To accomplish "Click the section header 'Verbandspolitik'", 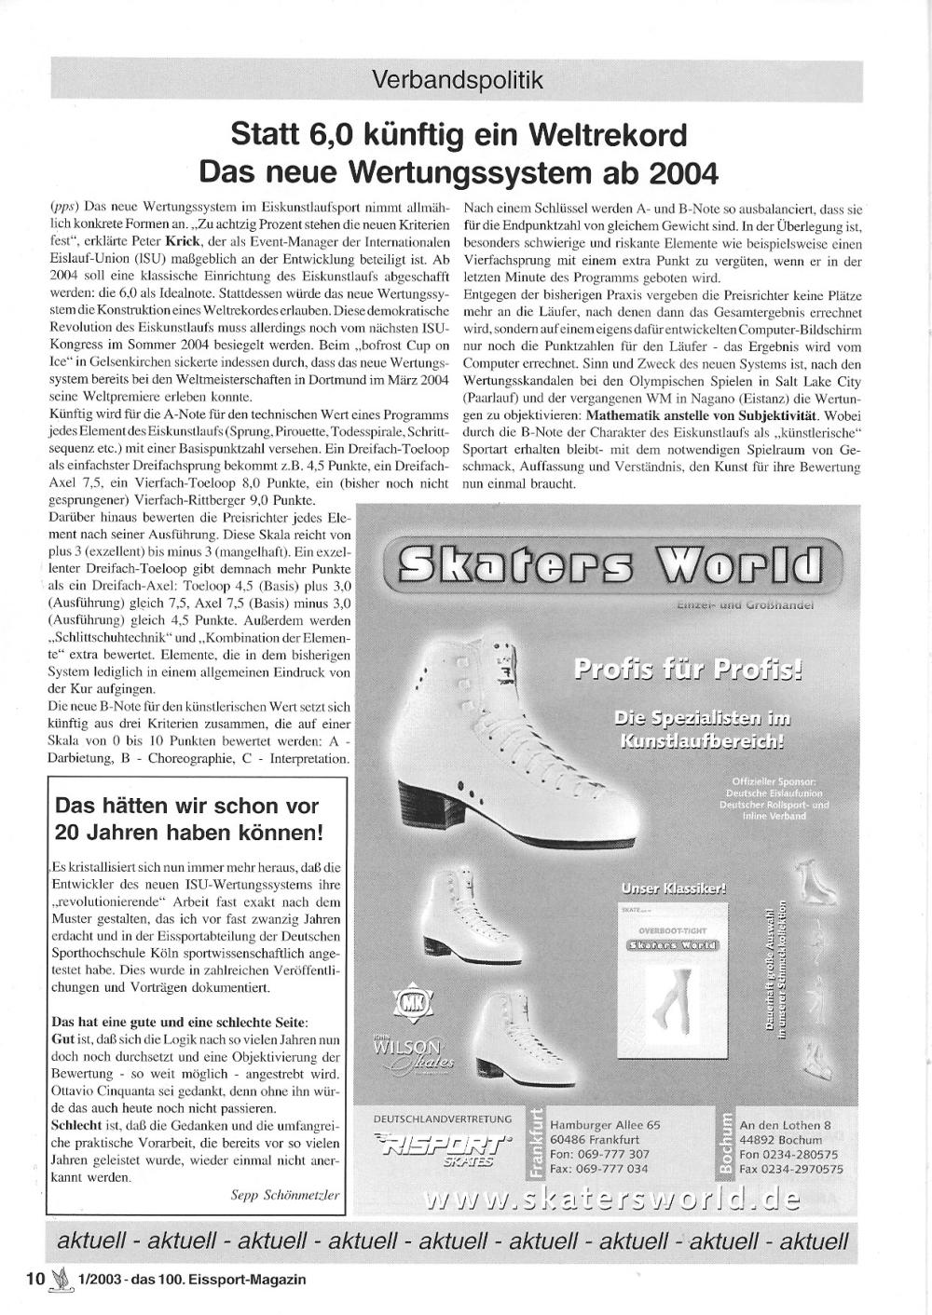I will click(457, 81).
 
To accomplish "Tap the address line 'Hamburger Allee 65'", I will click(605, 1124).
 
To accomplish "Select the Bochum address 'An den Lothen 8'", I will click(785, 1125).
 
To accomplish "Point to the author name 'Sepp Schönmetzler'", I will click(285, 1195).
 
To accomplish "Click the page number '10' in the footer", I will click(34, 1279).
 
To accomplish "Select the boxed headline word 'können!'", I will click(279, 832).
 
